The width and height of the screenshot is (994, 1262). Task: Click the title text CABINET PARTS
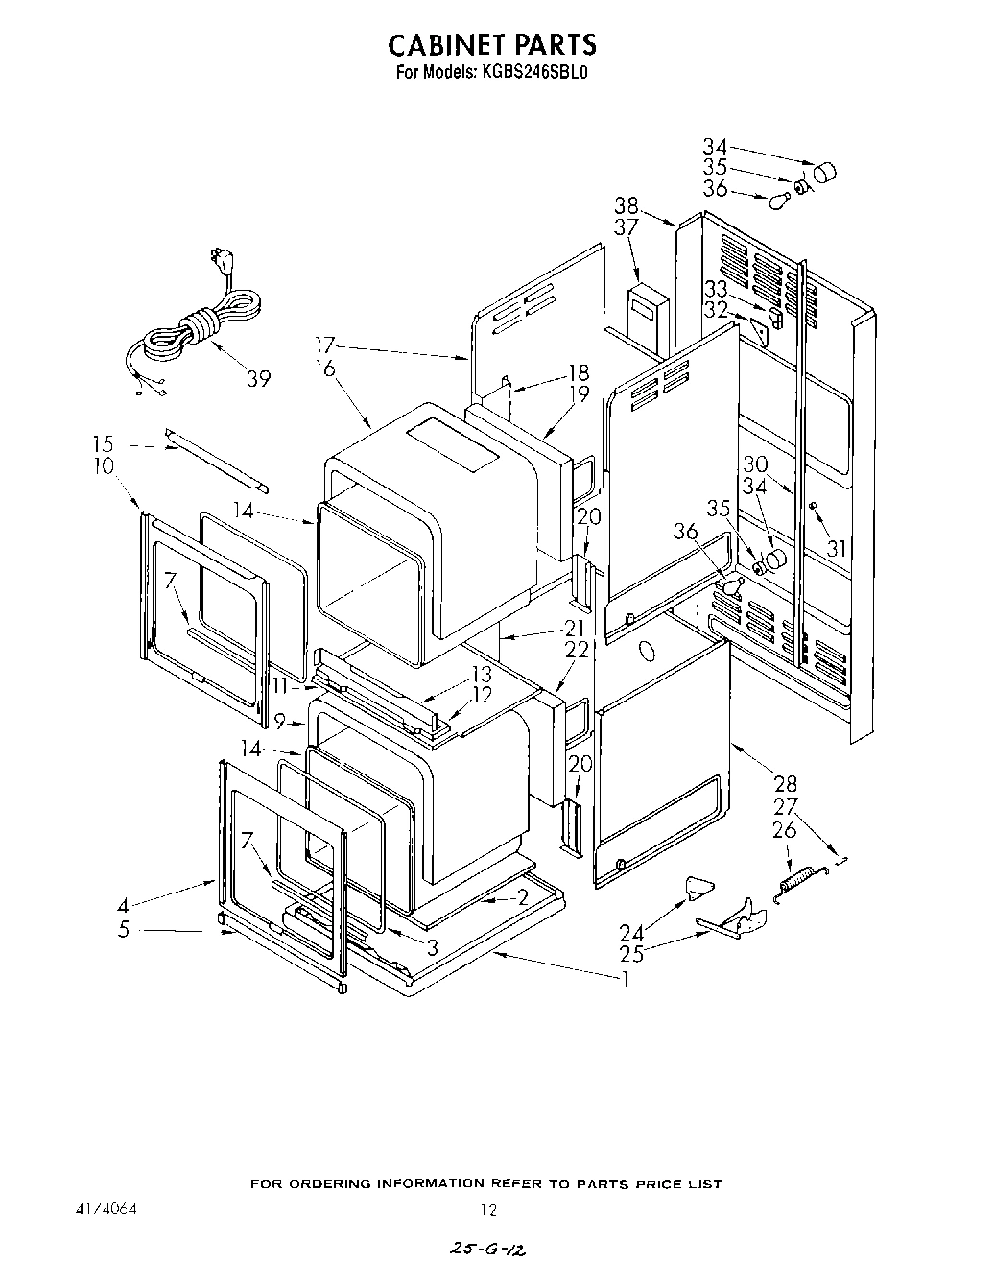(x=491, y=44)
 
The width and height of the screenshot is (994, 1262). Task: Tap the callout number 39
(x=257, y=378)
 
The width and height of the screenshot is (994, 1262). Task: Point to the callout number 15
(x=103, y=444)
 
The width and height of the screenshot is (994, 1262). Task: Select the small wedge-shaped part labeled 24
(x=701, y=887)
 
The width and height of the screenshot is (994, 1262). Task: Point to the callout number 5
(x=124, y=929)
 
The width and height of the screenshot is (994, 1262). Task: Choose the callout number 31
(x=838, y=548)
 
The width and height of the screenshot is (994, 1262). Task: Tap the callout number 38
(x=627, y=205)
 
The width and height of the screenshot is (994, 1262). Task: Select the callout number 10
(x=103, y=466)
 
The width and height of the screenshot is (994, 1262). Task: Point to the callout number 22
(x=576, y=650)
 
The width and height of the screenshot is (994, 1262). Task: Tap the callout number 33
(x=716, y=288)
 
